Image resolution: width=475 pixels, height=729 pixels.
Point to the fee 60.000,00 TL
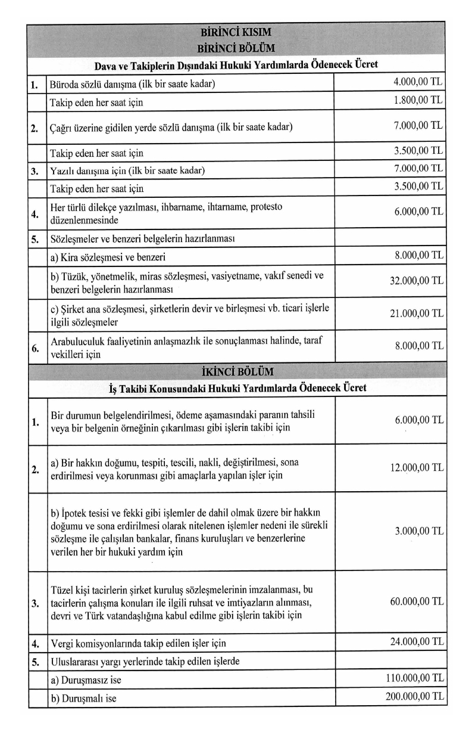[x=417, y=601]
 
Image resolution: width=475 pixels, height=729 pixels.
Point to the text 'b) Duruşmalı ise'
[x=83, y=698]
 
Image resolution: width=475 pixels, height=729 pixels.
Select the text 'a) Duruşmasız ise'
[x=86, y=680]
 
